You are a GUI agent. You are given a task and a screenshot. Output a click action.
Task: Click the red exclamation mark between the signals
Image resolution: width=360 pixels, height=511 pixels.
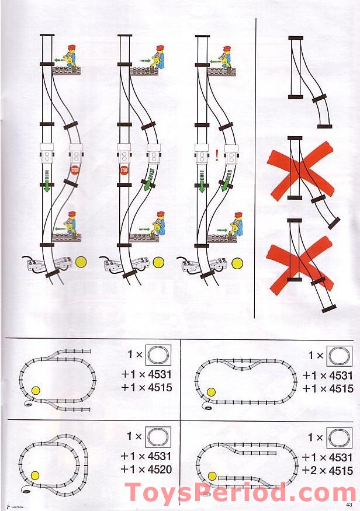tap(217, 155)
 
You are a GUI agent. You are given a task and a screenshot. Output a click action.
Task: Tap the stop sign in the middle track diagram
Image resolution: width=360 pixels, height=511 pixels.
tap(124, 171)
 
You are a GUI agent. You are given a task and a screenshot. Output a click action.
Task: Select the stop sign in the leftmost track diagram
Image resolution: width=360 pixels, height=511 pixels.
tap(75, 170)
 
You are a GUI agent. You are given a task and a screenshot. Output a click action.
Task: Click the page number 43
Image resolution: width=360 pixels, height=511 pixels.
tap(349, 505)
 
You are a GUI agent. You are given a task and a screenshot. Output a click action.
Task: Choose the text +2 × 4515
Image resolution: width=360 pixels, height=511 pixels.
tap(327, 471)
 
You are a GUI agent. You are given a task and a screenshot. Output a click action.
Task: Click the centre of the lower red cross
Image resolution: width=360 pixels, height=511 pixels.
tap(300, 260)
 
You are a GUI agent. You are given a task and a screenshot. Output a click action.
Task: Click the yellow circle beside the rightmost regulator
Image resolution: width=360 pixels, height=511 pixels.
tap(237, 263)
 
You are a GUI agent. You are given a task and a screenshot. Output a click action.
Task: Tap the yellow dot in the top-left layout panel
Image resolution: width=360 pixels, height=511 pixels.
tap(36, 391)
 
